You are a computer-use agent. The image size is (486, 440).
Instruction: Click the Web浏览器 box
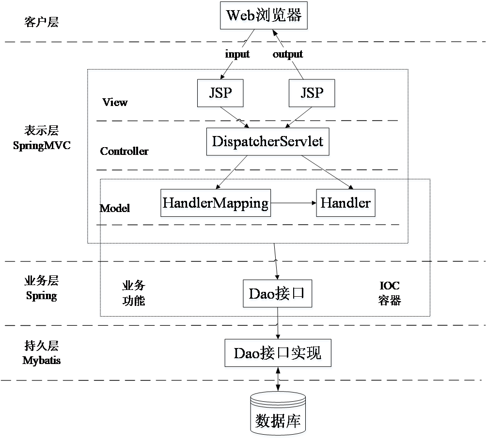[x=264, y=17]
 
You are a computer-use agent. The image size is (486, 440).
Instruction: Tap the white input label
[x=237, y=54]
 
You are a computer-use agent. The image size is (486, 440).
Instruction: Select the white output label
[x=288, y=54]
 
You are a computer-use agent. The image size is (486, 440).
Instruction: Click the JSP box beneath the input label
[x=220, y=94]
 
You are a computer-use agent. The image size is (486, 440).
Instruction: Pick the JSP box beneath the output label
[x=312, y=94]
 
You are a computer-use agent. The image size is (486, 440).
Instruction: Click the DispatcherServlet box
[x=268, y=143]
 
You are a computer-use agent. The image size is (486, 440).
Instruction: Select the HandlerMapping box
[x=216, y=204]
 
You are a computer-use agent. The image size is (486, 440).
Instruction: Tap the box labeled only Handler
[x=346, y=204]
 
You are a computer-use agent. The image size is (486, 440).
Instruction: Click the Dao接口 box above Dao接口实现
[x=278, y=295]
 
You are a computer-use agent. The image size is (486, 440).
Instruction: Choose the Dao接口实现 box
[x=278, y=354]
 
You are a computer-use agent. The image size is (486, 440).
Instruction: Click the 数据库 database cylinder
[x=278, y=415]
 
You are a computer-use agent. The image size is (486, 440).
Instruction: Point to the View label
[x=115, y=102]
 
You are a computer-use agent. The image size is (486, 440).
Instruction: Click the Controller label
[x=124, y=151]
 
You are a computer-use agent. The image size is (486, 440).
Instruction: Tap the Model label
[x=115, y=208]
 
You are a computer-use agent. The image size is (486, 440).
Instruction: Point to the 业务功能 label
[x=133, y=293]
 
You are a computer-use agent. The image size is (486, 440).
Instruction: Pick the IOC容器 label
[x=390, y=293]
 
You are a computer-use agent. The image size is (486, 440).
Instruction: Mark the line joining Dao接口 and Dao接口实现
[x=278, y=325]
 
